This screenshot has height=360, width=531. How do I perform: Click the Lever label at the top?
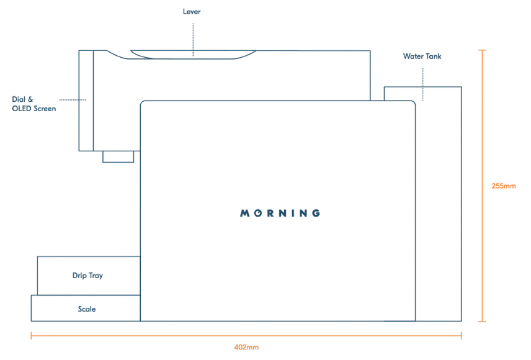point(192,11)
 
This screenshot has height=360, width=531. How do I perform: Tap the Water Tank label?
point(422,56)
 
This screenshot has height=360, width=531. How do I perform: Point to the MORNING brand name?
point(280,213)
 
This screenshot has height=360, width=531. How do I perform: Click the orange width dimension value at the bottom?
point(246,348)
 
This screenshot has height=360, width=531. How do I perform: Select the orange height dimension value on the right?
point(503,186)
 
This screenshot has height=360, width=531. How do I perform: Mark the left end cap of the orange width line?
point(32,336)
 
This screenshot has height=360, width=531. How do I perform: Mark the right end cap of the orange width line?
point(461,336)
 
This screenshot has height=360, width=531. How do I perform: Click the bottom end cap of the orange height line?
point(482,322)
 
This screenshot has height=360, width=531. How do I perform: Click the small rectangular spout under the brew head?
point(118,157)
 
